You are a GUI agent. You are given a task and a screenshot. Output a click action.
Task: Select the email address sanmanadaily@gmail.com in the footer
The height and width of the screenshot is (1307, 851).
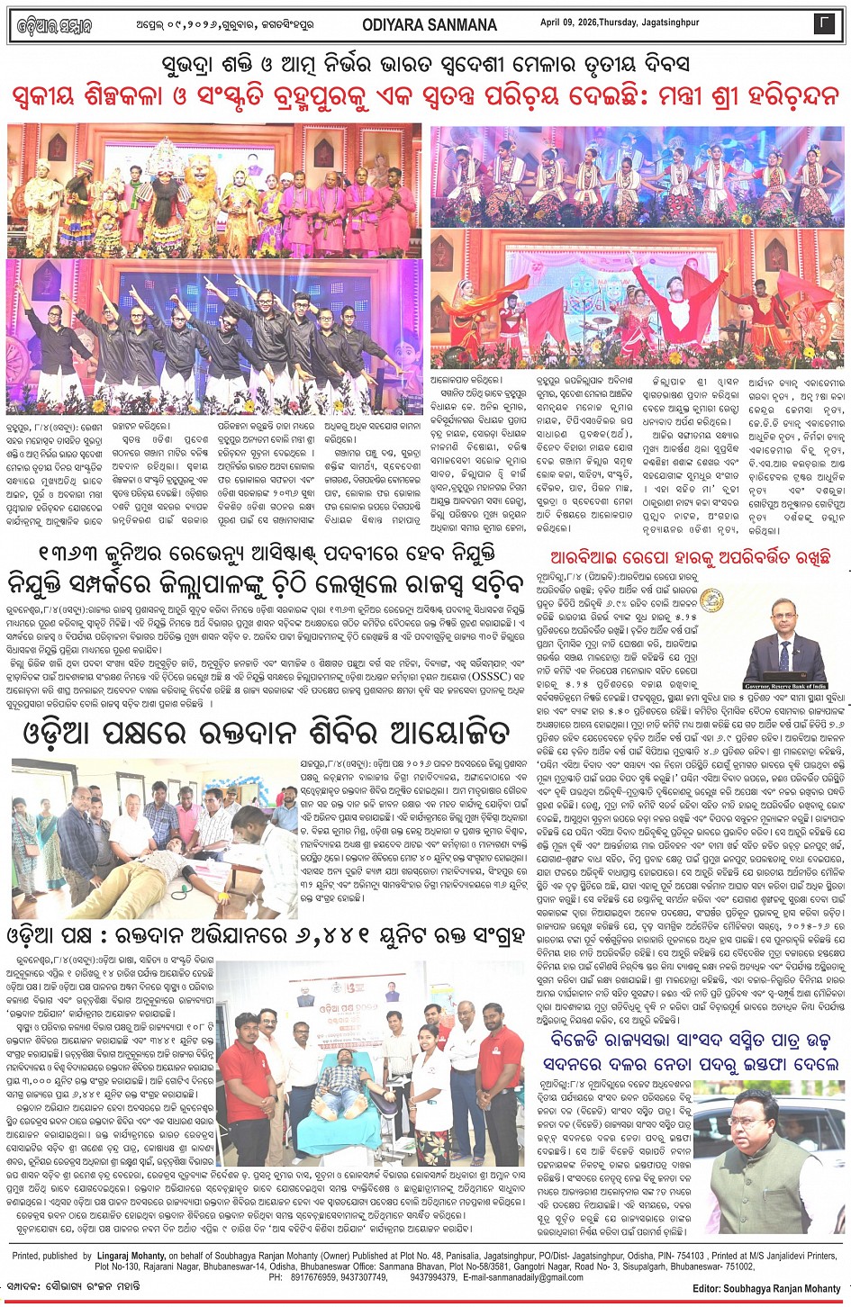pos(521,1276)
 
